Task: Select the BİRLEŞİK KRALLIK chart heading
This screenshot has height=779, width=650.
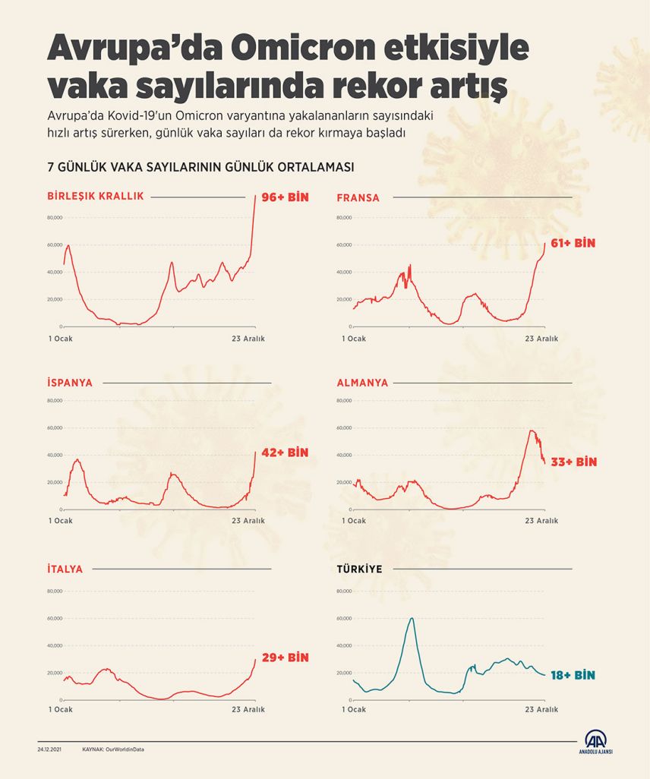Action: (x=95, y=196)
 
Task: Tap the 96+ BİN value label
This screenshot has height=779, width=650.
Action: (x=285, y=196)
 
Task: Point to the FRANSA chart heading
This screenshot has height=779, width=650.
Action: (x=358, y=197)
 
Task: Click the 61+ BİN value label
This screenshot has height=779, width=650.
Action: (x=573, y=243)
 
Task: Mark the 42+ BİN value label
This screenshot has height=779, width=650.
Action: (x=285, y=453)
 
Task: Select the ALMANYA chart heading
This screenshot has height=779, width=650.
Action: (x=362, y=383)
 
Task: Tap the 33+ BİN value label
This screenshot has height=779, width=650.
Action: (x=574, y=462)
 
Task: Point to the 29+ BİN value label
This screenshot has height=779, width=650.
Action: (x=286, y=658)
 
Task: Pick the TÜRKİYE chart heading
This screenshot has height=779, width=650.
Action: (x=359, y=569)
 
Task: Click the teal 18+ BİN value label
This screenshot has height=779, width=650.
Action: (x=573, y=675)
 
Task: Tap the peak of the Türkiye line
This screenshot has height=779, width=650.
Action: (x=411, y=618)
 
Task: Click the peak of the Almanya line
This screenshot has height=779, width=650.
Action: (x=532, y=431)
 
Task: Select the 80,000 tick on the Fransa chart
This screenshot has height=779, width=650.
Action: (x=343, y=218)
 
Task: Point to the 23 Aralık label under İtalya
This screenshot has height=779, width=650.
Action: (x=248, y=709)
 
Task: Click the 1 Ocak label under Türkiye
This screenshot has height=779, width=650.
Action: (x=354, y=709)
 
